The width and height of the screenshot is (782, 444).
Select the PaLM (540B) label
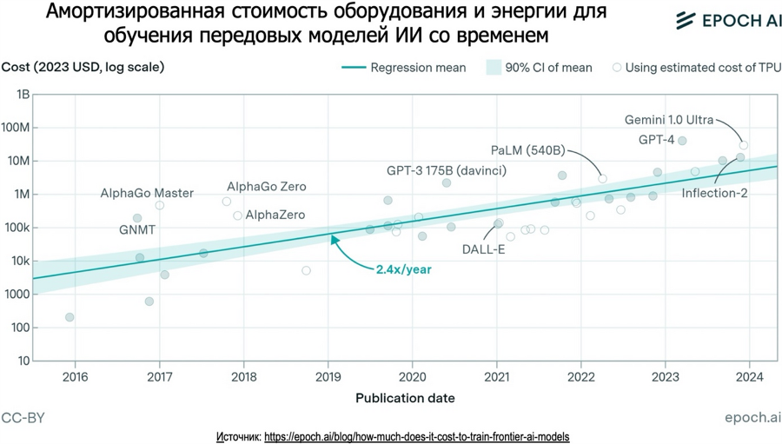click(527, 150)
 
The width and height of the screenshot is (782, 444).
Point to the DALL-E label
click(484, 250)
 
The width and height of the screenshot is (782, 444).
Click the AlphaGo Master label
click(147, 193)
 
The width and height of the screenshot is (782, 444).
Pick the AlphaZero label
click(275, 215)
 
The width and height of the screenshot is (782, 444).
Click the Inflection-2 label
click(714, 193)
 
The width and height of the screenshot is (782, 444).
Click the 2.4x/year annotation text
click(403, 269)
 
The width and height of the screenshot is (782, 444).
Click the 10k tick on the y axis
click(19, 261)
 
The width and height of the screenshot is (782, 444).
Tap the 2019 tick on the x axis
click(328, 376)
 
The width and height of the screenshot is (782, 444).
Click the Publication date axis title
click(405, 398)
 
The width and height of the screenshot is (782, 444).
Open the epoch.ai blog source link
click(416, 436)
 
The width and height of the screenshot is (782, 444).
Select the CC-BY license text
click(23, 418)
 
